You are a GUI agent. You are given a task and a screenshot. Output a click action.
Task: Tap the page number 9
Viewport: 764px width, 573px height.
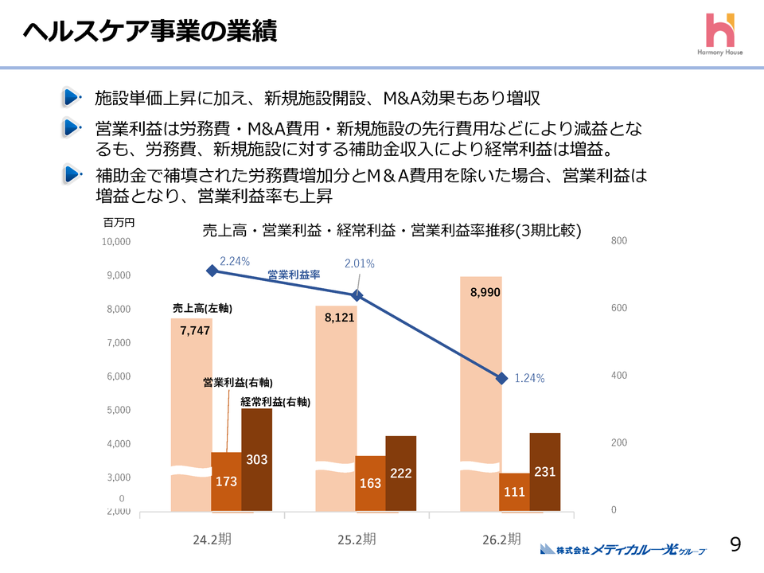(735, 544)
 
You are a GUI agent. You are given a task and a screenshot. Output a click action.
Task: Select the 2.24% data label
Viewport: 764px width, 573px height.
(235, 261)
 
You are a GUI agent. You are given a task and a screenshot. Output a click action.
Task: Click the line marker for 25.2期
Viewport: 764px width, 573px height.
(357, 295)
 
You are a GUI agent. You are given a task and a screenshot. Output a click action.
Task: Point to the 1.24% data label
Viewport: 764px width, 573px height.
(529, 379)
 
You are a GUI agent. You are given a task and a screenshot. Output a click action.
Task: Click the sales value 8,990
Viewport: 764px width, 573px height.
(485, 293)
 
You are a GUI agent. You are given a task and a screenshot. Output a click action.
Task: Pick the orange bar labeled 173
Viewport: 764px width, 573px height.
(226, 481)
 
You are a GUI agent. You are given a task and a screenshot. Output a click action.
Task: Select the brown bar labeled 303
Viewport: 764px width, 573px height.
(256, 459)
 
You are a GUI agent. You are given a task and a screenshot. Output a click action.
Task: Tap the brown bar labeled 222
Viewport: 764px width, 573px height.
(401, 473)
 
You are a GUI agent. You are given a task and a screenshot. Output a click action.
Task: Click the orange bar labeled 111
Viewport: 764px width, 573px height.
(515, 492)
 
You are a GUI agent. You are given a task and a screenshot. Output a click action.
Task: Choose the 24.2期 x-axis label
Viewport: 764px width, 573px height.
(212, 539)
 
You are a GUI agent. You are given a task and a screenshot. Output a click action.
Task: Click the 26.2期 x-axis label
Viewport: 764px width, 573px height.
(501, 539)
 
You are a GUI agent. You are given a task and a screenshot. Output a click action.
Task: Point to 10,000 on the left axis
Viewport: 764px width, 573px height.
(117, 241)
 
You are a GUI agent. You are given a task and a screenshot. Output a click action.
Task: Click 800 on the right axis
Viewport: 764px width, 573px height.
(618, 241)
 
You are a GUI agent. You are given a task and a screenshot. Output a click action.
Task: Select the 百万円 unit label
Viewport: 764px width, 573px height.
(119, 223)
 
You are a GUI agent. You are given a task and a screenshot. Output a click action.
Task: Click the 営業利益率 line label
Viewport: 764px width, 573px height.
(294, 275)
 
